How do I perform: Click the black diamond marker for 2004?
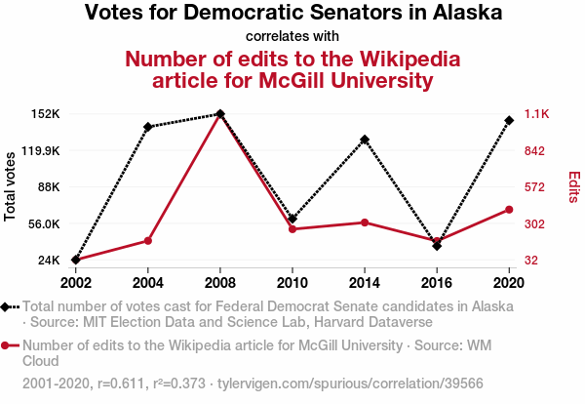[147, 127]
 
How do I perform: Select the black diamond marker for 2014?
[365, 140]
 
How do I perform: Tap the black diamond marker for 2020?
[509, 120]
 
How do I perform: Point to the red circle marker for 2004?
[147, 240]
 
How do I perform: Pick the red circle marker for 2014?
[365, 222]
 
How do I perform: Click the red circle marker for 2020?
[509, 209]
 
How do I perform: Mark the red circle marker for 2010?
[292, 229]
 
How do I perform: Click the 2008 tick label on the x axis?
[220, 283]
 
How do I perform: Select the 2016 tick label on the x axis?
[437, 283]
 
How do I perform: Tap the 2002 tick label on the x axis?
[75, 283]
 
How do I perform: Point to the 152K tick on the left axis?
[46, 114]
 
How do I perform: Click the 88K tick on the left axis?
[48, 187]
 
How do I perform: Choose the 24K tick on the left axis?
[48, 261]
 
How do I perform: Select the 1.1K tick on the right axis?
[538, 114]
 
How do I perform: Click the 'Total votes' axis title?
[12, 186]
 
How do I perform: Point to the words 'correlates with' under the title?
[292, 37]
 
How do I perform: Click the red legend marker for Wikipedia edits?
[10, 344]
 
